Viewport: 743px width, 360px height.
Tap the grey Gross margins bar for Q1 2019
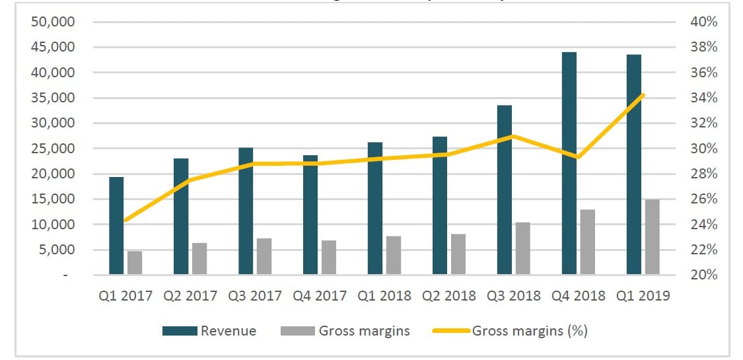click(652, 236)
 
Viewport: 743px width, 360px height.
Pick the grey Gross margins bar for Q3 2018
click(522, 248)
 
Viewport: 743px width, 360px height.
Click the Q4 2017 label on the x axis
click(320, 295)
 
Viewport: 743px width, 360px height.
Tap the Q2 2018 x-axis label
click(449, 295)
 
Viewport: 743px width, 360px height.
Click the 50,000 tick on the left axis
click(55, 22)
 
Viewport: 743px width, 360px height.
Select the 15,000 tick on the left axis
click(55, 199)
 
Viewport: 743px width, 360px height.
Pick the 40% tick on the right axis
click(703, 22)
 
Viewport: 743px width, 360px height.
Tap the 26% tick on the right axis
click(703, 199)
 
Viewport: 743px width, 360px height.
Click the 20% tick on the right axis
click(703, 275)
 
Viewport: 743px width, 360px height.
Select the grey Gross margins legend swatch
click(295, 331)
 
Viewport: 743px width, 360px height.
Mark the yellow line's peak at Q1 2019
click(643, 95)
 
